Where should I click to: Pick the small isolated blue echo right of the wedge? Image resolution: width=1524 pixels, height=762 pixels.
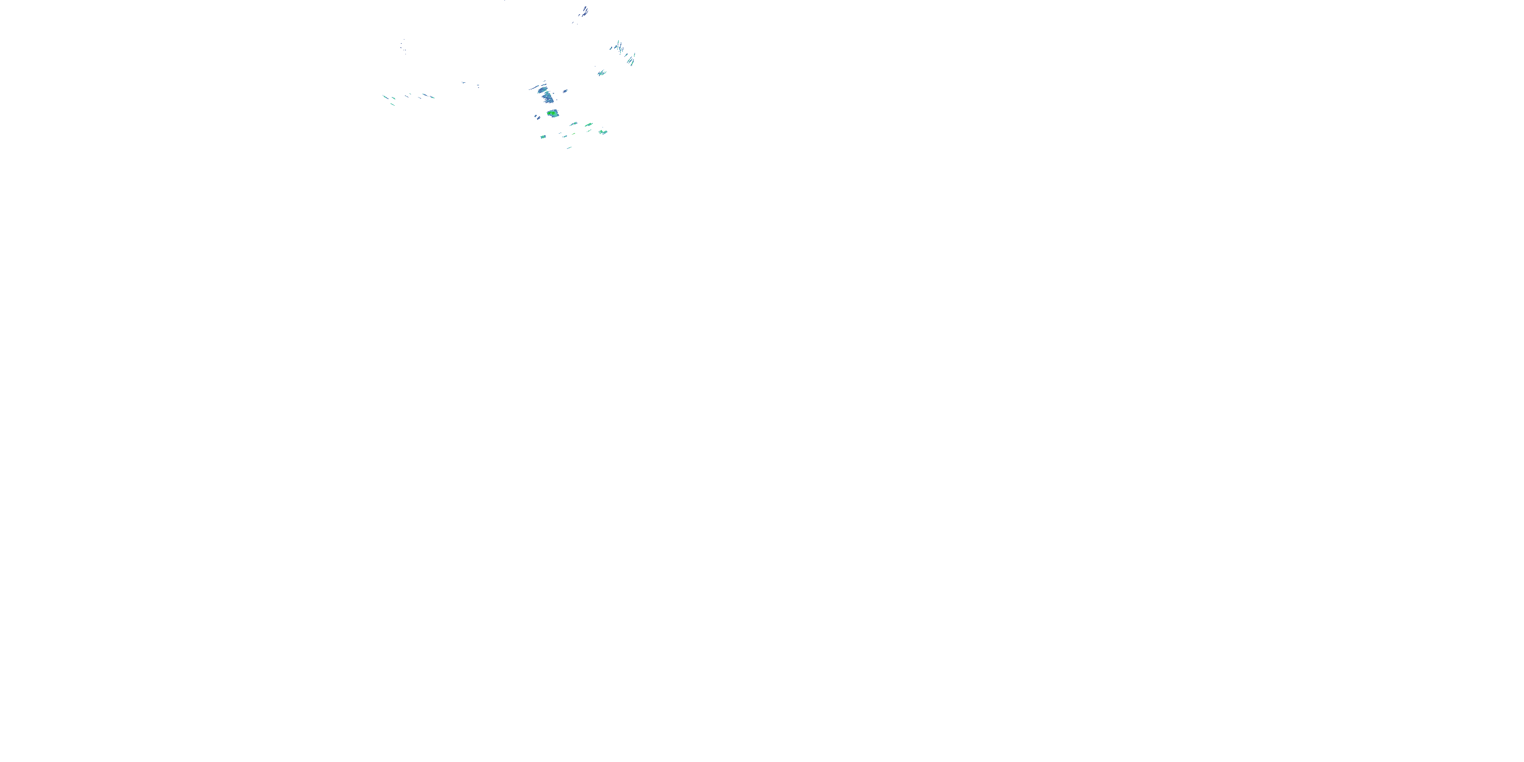[x=565, y=91]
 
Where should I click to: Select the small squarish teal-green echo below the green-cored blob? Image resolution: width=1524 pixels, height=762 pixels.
[x=543, y=137]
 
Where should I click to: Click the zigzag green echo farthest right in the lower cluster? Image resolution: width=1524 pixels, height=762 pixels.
[x=603, y=132]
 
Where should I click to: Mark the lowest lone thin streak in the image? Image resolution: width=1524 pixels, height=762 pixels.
[x=569, y=148]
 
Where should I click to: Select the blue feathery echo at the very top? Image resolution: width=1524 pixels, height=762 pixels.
[x=585, y=11]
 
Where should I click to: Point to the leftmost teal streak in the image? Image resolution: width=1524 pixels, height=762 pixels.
[x=386, y=97]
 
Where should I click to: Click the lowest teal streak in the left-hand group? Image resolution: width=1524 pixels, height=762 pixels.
[x=392, y=105]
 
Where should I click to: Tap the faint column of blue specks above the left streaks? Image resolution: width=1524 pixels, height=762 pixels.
[x=403, y=46]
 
